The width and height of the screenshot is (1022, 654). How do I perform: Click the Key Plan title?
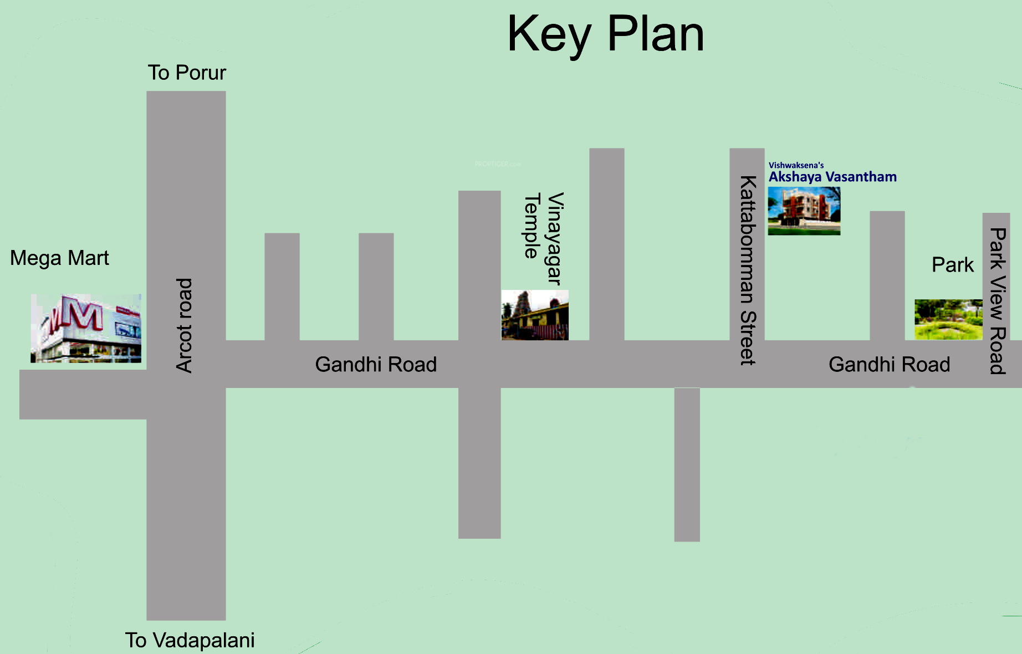tap(605, 34)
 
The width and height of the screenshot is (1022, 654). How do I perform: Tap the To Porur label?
tap(187, 73)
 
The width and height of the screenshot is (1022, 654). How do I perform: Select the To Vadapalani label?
tap(190, 640)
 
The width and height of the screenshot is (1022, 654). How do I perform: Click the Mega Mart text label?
tap(59, 258)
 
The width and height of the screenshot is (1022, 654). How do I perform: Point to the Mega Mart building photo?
tap(86, 329)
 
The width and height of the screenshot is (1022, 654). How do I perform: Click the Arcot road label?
tap(184, 325)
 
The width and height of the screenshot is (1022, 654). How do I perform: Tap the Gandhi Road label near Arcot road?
tap(376, 364)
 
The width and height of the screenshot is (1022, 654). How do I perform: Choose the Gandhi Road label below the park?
tap(889, 364)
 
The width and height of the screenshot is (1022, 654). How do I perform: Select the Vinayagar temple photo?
tap(535, 315)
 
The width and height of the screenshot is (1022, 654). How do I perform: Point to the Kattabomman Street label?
tap(748, 270)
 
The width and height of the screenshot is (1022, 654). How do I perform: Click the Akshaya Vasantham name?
tap(832, 177)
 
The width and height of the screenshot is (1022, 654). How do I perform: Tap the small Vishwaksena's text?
tap(796, 165)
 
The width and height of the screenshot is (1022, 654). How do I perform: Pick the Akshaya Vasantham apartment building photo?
tap(804, 211)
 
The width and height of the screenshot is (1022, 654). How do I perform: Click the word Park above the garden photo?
tap(952, 265)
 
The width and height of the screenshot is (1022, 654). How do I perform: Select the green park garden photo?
tap(948, 319)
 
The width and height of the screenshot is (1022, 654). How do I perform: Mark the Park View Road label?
tap(998, 301)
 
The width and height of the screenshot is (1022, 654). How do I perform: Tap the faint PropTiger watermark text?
tap(498, 164)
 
